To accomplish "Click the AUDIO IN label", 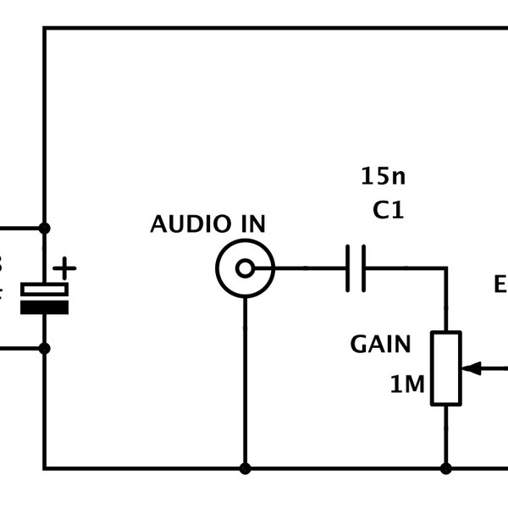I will pyautogui.click(x=207, y=224).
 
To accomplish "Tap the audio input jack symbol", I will pyautogui.click(x=245, y=269).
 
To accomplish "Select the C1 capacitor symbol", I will pyautogui.click(x=356, y=269).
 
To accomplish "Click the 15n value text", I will pyautogui.click(x=383, y=177).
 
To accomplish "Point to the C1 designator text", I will pyautogui.click(x=388, y=211).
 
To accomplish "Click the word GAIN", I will pyautogui.click(x=380, y=345).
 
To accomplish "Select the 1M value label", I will pyautogui.click(x=407, y=385).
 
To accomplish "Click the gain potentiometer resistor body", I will pyautogui.click(x=445, y=368).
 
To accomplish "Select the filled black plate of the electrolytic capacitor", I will pyautogui.click(x=44, y=307).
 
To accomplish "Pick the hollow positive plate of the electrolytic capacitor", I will pyautogui.click(x=44, y=290).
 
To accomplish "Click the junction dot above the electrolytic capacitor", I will pyautogui.click(x=44, y=229).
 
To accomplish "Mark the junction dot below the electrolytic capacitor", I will pyautogui.click(x=44, y=347).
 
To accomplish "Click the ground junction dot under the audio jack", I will pyautogui.click(x=245, y=468).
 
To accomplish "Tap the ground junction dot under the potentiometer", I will pyautogui.click(x=445, y=468).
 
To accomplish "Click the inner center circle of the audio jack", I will pyautogui.click(x=245, y=269).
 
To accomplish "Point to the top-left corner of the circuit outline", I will pyautogui.click(x=44, y=28).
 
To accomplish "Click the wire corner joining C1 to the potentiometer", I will pyautogui.click(x=445, y=269).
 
